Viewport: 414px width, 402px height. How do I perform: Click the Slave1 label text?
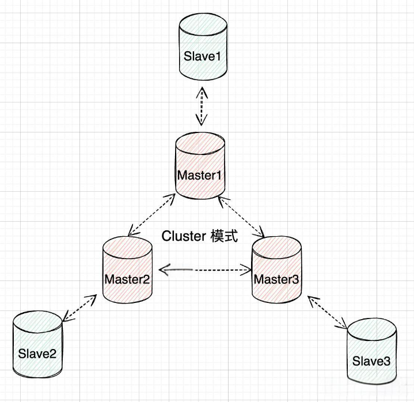(202, 56)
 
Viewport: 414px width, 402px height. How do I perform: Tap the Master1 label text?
(200, 176)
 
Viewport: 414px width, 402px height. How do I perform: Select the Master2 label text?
(127, 279)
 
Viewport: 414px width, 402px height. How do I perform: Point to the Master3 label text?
(276, 279)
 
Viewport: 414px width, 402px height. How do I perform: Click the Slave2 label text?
(37, 354)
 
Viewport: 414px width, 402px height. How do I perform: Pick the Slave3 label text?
(371, 361)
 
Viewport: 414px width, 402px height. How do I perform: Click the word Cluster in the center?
(184, 236)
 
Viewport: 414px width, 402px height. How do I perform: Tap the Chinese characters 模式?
(225, 236)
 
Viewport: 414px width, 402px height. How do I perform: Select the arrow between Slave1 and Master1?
(202, 106)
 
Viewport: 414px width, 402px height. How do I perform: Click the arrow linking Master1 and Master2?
(151, 214)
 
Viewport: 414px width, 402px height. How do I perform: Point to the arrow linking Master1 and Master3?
(241, 217)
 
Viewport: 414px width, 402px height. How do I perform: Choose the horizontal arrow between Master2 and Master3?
(206, 270)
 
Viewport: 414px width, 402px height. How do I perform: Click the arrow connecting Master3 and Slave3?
(328, 313)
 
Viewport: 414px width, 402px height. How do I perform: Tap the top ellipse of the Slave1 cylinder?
(203, 25)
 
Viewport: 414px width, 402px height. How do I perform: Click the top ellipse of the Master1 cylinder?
(200, 144)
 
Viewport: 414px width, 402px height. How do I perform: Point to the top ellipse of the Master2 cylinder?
(127, 248)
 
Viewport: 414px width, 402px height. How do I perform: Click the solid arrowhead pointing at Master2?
(164, 270)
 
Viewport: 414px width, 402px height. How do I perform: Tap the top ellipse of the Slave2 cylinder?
(37, 323)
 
